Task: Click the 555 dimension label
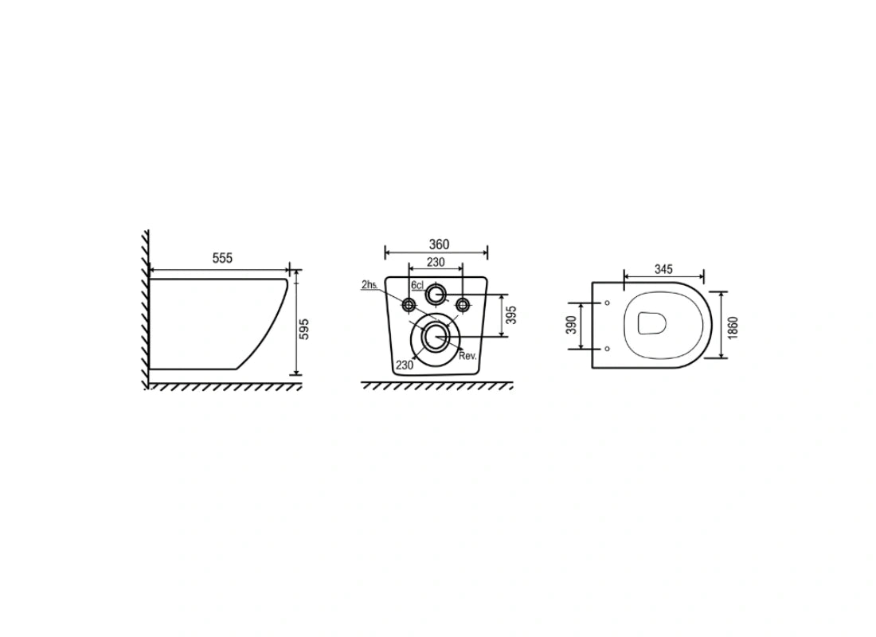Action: (222, 258)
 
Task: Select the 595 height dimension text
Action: (304, 329)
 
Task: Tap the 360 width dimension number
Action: (439, 244)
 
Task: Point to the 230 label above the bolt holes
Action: (436, 262)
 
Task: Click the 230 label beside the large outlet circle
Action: (405, 365)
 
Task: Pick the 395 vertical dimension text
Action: (510, 315)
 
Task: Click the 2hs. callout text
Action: (370, 284)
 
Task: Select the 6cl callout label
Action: (417, 286)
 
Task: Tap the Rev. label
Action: (467, 356)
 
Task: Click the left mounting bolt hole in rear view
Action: (409, 304)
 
